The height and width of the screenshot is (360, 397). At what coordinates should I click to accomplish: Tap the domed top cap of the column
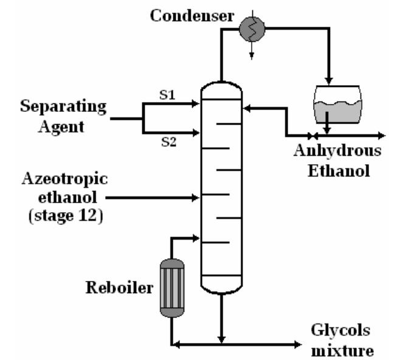coord(221,91)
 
